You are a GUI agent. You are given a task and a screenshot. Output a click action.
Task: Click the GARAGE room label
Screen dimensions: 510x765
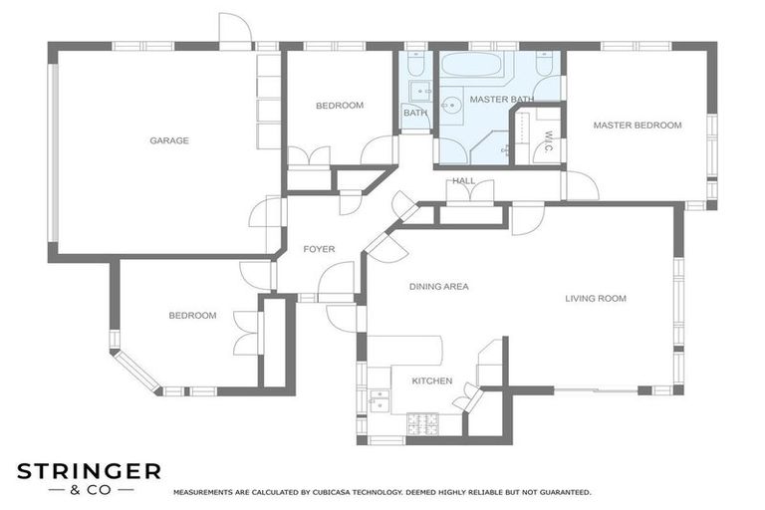169,140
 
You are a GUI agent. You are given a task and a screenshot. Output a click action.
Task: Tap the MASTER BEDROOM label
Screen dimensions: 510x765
637,126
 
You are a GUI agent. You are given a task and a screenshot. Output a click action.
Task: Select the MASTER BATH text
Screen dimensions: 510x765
501,100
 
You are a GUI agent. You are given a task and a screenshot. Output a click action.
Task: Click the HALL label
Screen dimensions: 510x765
463,181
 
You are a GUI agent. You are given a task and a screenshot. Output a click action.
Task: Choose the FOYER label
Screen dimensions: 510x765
319,249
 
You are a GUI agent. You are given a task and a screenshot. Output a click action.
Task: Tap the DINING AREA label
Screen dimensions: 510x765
438,287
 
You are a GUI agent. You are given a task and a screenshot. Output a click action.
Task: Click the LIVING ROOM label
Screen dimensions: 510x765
596,298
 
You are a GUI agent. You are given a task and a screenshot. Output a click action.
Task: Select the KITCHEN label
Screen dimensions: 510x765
431,381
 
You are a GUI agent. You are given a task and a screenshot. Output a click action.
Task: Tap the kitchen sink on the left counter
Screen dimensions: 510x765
379,400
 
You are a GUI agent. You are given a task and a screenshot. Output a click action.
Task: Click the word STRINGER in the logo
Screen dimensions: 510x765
89,471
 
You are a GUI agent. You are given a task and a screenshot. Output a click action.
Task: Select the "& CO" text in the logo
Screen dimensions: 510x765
90,490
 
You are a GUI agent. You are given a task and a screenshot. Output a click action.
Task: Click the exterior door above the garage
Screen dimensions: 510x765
235,33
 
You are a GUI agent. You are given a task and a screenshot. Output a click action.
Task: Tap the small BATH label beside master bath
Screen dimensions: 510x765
414,113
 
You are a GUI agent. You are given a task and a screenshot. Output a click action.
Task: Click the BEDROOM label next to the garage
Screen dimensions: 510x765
340,106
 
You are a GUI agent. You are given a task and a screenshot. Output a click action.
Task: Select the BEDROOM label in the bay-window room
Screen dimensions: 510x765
192,316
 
